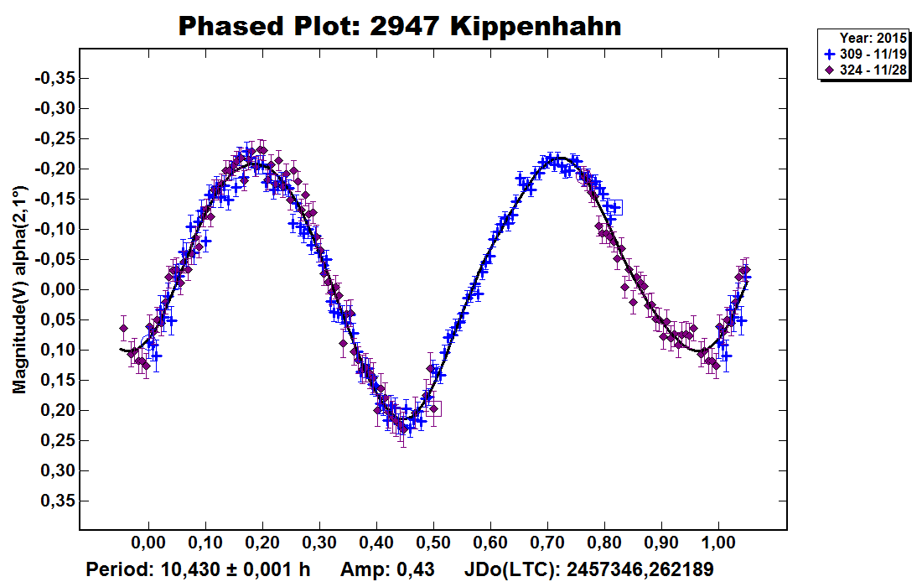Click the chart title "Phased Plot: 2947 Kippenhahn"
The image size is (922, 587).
click(401, 26)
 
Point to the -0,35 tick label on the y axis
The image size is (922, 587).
click(54, 78)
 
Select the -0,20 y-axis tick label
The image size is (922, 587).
click(54, 169)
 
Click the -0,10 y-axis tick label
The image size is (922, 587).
click(54, 229)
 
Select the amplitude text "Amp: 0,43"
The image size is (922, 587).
click(387, 570)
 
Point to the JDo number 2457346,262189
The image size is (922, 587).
click(640, 570)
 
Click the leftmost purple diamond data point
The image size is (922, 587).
click(123, 328)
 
